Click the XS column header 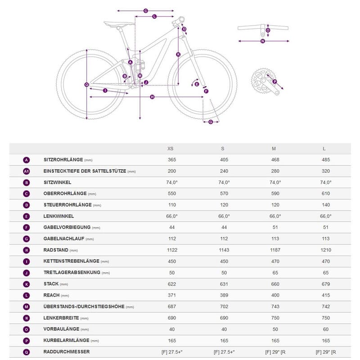tap(170, 148)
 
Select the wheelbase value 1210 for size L tap(326, 250)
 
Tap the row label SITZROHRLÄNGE tap(63, 160)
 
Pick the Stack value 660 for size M tap(275, 284)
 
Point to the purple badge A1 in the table tap(27, 171)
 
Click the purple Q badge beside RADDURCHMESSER tap(27, 351)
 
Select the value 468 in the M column tap(275, 160)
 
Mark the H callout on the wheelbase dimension tap(152, 97)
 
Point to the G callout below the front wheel tap(211, 121)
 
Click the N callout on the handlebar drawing tap(262, 41)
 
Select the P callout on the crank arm tap(275, 82)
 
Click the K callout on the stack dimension tap(178, 54)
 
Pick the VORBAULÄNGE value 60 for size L tap(326, 329)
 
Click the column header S tap(222, 148)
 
